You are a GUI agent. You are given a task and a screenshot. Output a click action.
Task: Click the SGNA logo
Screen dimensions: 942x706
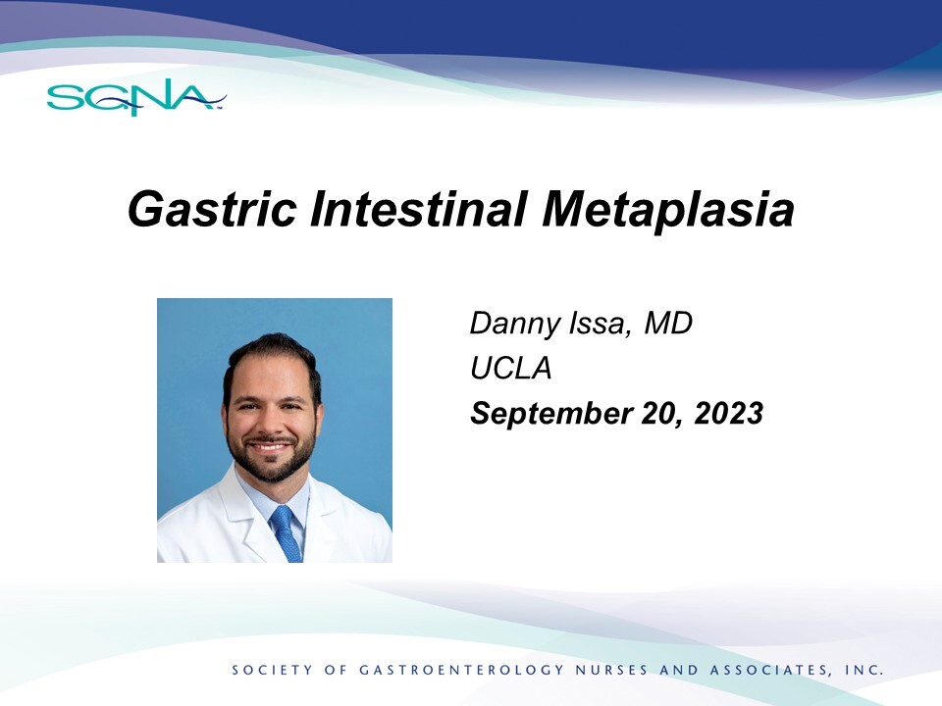136,97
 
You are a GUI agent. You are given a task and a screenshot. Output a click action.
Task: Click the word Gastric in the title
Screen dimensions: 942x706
212,209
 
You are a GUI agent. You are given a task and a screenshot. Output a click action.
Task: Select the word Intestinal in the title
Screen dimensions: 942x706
419,208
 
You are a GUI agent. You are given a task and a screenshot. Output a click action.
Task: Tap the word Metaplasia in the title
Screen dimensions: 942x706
667,210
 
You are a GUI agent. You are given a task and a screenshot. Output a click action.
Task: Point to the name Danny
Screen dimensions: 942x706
514,325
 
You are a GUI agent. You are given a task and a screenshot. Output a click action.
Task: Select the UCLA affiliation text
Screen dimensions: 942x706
510,368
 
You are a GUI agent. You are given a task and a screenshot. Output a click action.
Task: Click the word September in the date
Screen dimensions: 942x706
551,414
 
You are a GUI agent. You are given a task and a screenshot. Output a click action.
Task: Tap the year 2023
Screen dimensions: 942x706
729,413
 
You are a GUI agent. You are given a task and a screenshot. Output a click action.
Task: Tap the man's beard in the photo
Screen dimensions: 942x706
272,456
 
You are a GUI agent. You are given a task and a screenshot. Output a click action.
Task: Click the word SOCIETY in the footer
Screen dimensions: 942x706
272,670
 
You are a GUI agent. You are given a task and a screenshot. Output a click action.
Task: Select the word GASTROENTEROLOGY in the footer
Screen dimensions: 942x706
461,670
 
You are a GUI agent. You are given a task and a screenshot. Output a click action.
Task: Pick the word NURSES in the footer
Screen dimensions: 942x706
612,670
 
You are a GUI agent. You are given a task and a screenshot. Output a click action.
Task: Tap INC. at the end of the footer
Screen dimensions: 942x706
864,670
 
